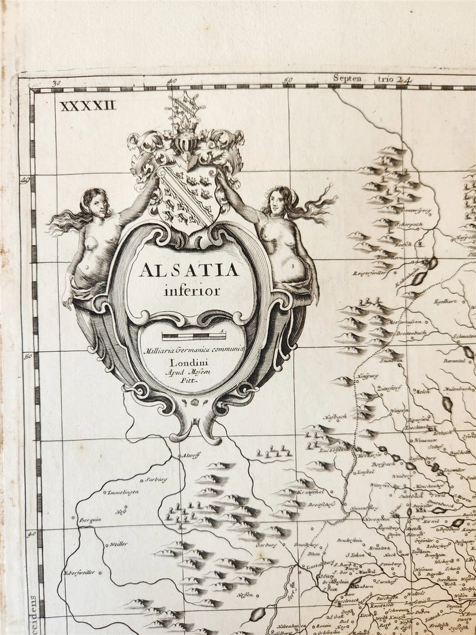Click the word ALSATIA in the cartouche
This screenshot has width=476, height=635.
coord(189,270)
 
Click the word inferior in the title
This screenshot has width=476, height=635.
coord(192,291)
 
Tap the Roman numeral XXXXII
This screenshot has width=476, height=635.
coord(88,105)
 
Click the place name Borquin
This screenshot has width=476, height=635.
coord(91,519)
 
